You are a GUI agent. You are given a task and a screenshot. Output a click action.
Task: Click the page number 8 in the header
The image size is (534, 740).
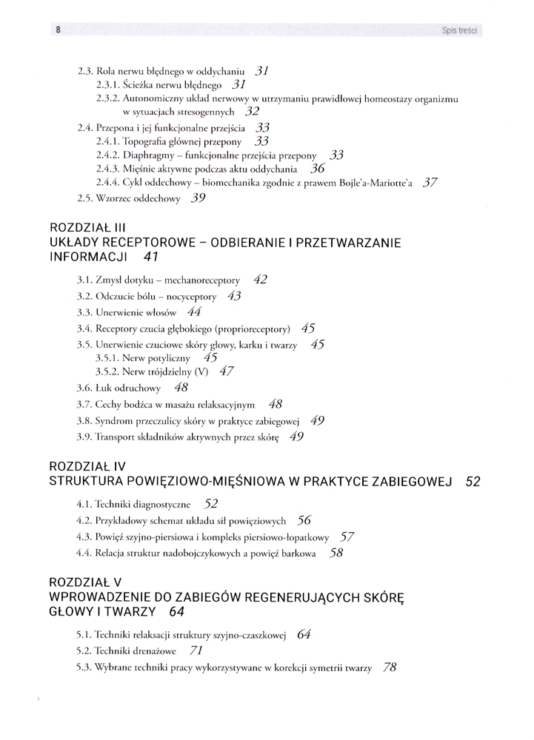point(56,30)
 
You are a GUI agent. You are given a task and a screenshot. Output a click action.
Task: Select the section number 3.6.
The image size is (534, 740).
point(85,388)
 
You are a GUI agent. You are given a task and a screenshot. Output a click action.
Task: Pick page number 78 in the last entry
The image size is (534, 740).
point(390,667)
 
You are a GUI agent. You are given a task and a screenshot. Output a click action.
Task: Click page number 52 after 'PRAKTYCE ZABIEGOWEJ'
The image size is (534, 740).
point(473,482)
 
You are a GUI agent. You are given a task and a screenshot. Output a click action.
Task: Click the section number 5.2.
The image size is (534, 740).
point(85,652)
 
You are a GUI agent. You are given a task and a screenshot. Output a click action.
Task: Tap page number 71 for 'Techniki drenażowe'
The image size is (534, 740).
point(196,651)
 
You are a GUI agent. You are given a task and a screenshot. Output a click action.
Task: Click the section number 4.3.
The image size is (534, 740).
point(85,536)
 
